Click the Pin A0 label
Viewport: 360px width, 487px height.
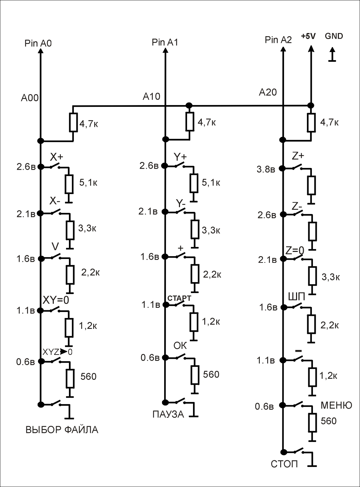tap(38, 43)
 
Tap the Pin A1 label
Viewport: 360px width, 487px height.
tap(165, 43)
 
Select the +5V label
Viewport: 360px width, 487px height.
tap(308, 36)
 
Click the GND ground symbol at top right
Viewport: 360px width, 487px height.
tap(332, 56)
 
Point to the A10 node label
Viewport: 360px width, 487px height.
tap(152, 96)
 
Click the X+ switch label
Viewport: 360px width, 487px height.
tap(56, 157)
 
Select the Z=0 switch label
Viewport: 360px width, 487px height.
tap(295, 251)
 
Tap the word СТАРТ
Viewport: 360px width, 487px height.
tap(179, 298)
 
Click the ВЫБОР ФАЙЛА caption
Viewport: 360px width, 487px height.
tap(62, 430)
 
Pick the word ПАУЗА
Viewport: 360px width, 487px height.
tap(168, 414)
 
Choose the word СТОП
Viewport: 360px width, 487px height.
tap(284, 464)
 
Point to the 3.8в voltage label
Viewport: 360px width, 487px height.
tap(265, 169)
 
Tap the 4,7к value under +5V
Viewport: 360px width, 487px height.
tap(329, 123)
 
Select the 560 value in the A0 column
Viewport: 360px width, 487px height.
tap(88, 377)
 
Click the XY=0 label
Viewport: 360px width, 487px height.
tap(56, 300)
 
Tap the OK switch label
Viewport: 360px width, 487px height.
tap(180, 346)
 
